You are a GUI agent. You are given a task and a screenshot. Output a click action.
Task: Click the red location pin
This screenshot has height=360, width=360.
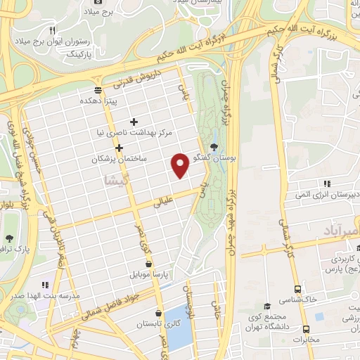point(181,165)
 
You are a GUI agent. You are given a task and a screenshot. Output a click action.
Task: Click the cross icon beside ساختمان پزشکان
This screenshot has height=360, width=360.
point(120,148)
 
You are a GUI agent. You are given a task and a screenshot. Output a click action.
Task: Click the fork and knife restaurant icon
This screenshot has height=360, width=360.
point(52,30)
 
